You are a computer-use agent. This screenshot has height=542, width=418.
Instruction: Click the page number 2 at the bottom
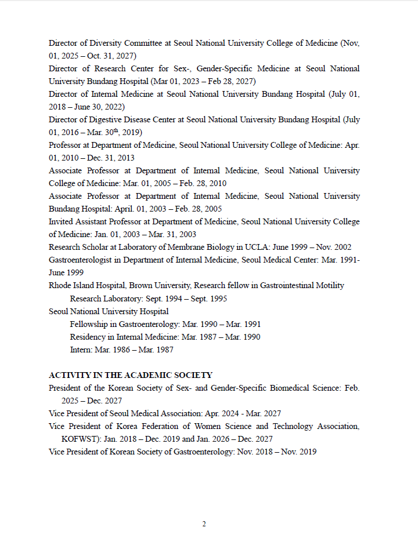204,524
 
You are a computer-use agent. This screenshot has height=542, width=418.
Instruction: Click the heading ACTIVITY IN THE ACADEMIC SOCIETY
131,375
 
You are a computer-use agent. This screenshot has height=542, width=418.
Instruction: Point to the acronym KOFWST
81,439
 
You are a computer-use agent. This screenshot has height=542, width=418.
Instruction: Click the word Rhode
60,285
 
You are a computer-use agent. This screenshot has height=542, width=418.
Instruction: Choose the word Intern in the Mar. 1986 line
81,350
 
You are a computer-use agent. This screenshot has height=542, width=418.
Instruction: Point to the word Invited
62,221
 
